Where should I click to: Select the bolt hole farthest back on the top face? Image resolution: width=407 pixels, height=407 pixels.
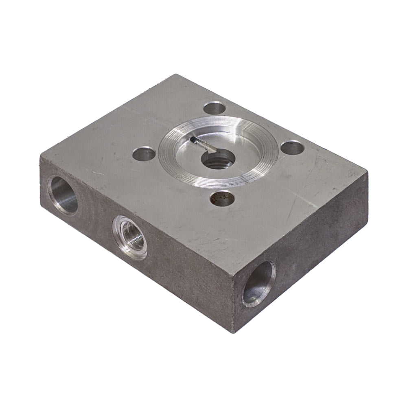pyautogui.click(x=215, y=109)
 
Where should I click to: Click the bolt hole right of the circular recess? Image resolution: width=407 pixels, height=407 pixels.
pyautogui.click(x=292, y=147)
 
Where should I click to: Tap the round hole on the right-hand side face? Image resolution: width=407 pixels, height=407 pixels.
pyautogui.click(x=259, y=283)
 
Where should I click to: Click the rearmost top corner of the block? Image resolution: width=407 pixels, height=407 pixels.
pyautogui.click(x=176, y=74)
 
